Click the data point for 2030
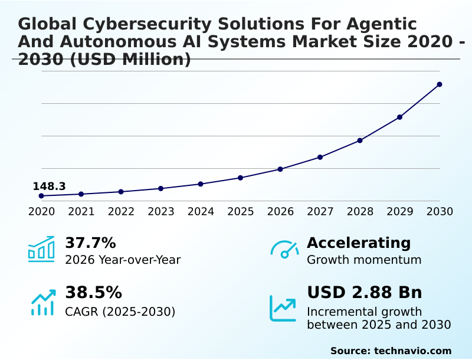click(x=440, y=84)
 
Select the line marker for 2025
click(x=241, y=178)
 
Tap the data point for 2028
click(x=360, y=140)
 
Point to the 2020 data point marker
click(x=41, y=196)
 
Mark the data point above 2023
click(x=160, y=188)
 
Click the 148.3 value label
click(x=49, y=186)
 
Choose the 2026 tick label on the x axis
click(x=280, y=211)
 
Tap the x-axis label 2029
click(x=400, y=211)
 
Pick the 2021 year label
click(x=81, y=211)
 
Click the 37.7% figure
click(x=90, y=243)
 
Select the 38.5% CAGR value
click(x=93, y=293)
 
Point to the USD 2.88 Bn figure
click(x=365, y=293)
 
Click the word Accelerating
click(x=359, y=243)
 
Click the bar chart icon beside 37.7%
click(x=41, y=249)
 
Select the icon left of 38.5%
click(x=42, y=302)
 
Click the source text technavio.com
click(x=412, y=351)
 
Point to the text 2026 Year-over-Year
click(x=123, y=260)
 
